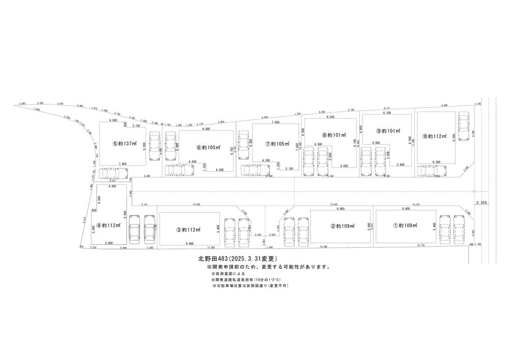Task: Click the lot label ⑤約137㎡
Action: (125, 144)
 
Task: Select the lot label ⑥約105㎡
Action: (207, 148)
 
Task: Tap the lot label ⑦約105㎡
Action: (275, 144)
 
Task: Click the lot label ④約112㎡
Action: (109, 225)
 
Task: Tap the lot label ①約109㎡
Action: (405, 225)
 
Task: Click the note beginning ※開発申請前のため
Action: (268, 267)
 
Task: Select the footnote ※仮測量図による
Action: (227, 274)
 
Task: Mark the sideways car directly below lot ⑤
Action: (112, 174)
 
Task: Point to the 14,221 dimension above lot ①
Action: (418, 205)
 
